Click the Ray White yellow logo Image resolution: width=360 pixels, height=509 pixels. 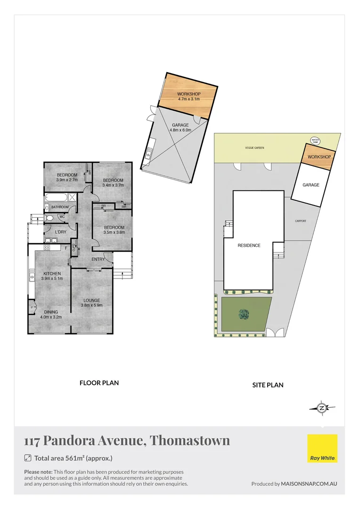click(323, 449)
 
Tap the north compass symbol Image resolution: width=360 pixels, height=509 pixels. click(322, 408)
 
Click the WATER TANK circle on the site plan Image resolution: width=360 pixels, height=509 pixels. click(315, 140)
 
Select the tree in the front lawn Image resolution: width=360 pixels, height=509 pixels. click(244, 313)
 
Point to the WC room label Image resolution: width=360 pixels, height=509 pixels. click(62, 217)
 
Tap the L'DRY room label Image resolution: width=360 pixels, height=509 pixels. click(61, 232)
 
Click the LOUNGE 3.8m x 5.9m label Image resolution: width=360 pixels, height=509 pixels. click(92, 303)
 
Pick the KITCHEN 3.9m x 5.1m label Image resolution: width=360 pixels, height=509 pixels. click(52, 276)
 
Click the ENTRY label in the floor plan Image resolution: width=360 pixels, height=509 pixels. click(98, 259)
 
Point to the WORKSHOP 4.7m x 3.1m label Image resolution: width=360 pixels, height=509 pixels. click(189, 97)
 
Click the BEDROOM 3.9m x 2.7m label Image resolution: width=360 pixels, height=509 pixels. click(67, 177)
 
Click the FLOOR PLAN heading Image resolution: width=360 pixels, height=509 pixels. click(99, 383)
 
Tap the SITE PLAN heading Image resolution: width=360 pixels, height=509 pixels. click(268, 385)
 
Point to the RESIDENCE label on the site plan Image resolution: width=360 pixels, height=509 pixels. click(249, 245)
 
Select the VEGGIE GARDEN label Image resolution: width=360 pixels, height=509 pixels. click(254, 148)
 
